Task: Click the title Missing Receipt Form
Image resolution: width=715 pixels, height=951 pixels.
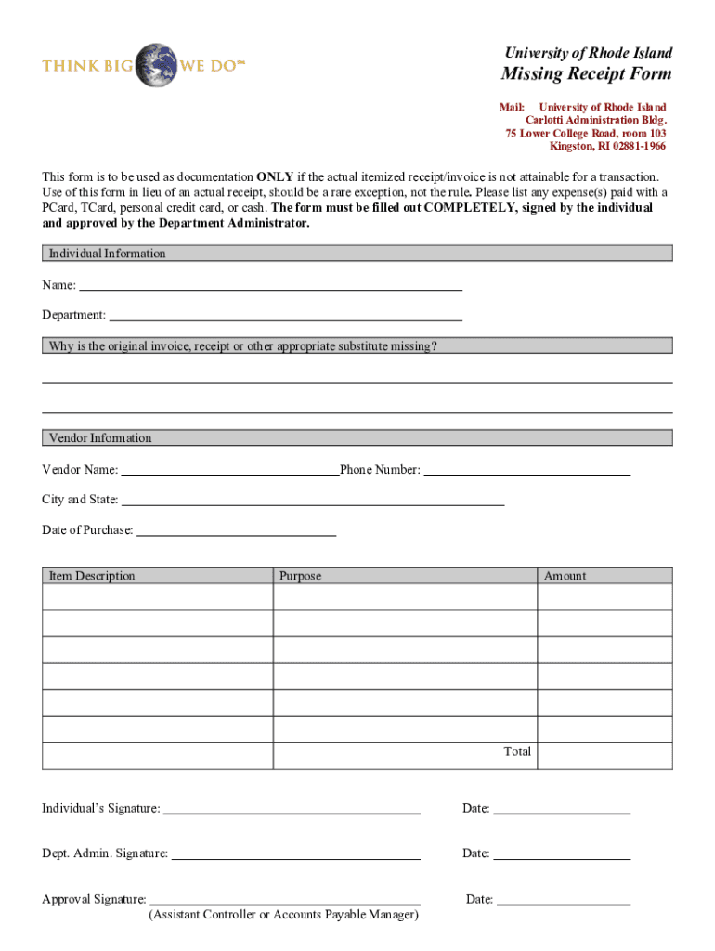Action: [587, 74]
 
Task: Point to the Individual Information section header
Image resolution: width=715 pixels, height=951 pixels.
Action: [107, 254]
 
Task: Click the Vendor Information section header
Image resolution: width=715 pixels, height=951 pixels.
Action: [100, 438]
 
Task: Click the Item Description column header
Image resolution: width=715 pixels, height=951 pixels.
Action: [92, 576]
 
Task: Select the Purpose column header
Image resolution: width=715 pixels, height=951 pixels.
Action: [300, 576]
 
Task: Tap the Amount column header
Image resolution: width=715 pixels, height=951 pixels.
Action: [565, 576]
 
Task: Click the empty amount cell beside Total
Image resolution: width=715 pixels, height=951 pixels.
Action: [604, 755]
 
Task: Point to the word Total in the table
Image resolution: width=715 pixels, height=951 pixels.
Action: [517, 751]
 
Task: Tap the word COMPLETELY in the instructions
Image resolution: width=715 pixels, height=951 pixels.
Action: [470, 208]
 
